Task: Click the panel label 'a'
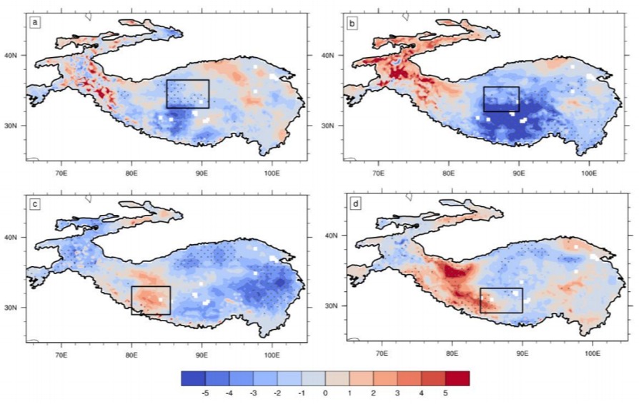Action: [36, 23]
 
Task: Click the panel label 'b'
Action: [352, 24]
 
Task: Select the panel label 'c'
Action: [35, 204]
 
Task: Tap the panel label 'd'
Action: [356, 203]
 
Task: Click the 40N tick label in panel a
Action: [17, 56]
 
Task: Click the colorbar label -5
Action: [205, 394]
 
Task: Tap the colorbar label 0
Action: [325, 394]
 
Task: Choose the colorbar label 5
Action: [445, 394]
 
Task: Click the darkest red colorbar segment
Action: [457, 378]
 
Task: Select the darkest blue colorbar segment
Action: [193, 378]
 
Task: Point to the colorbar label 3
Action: [397, 394]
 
